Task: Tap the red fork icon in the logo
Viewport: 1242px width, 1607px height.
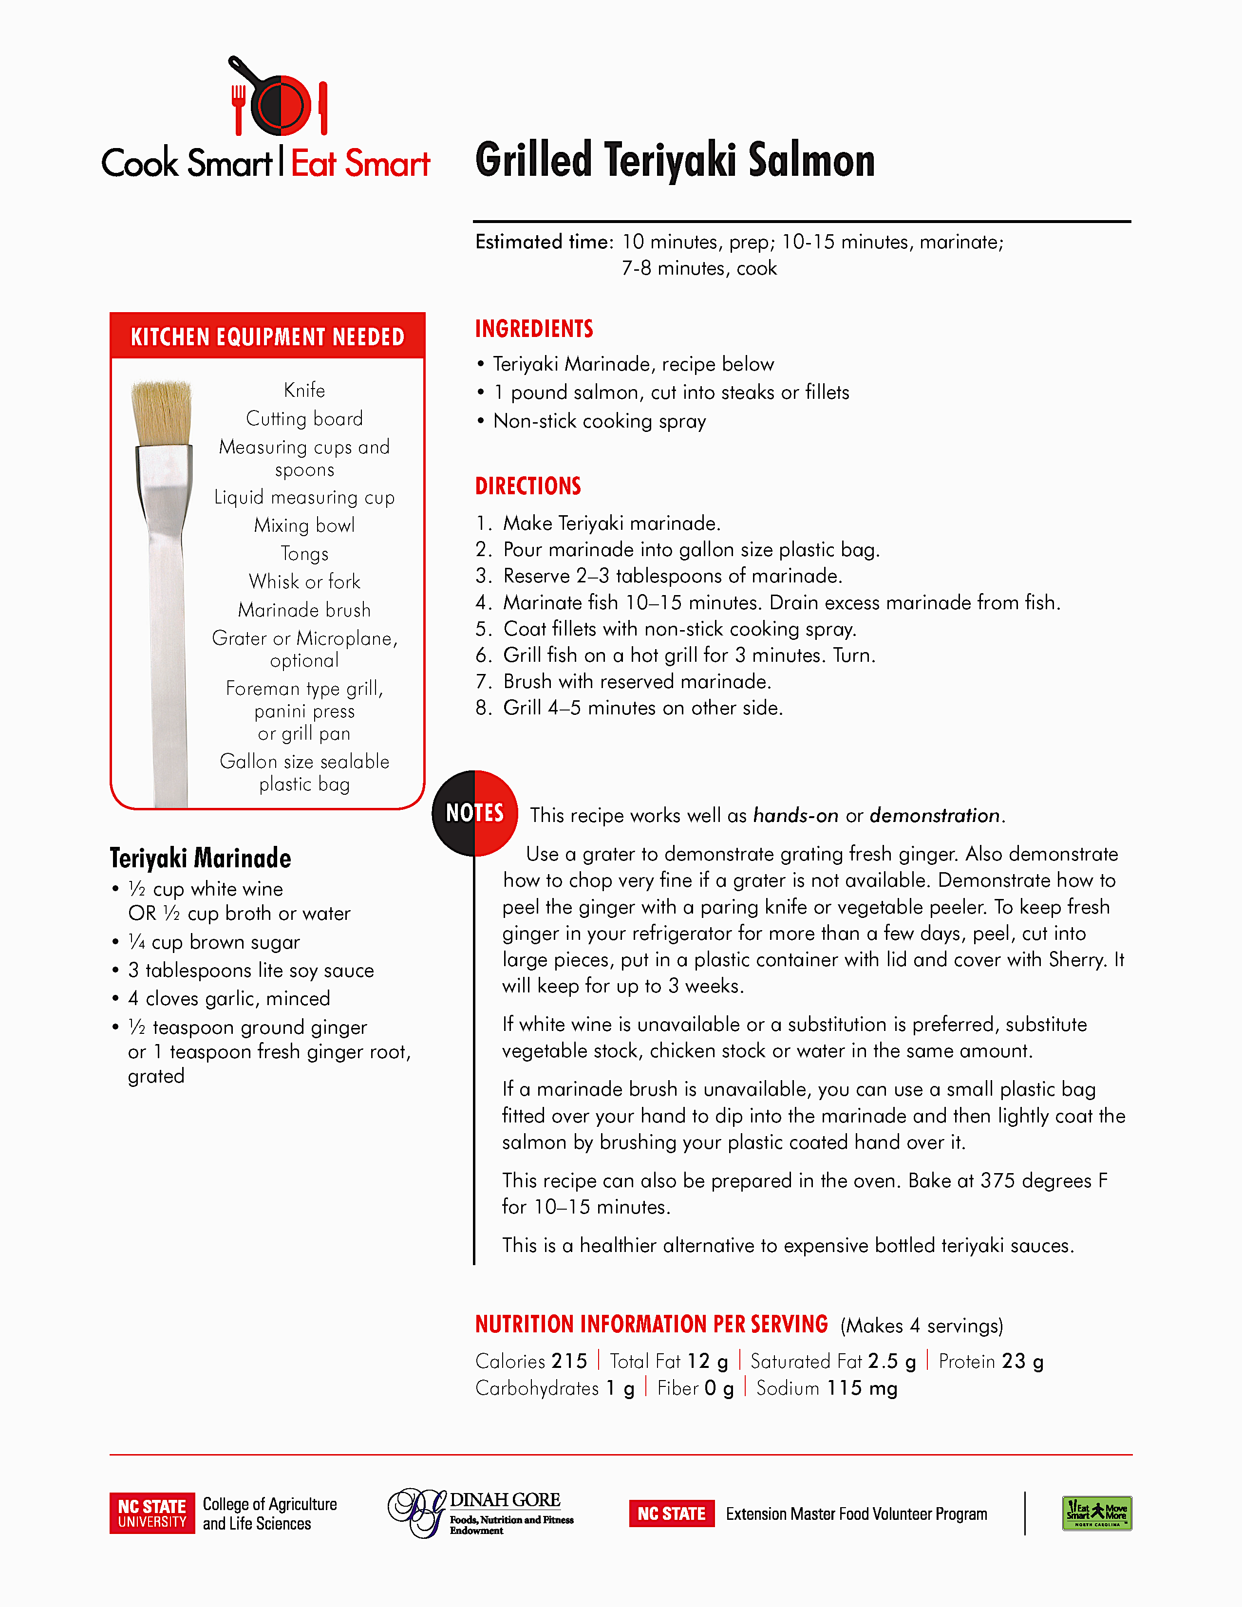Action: (x=238, y=109)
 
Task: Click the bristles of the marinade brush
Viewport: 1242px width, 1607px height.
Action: (x=162, y=412)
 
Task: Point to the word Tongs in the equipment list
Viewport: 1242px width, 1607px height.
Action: (x=304, y=553)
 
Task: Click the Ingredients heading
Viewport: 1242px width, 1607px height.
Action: (x=534, y=329)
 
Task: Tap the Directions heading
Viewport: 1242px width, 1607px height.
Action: (x=528, y=486)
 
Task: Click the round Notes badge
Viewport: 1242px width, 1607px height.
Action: (x=474, y=813)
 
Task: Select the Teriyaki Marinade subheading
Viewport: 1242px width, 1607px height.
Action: (x=200, y=858)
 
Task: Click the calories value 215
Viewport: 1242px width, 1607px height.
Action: (x=569, y=1361)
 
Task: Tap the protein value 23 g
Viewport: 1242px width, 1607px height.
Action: (x=1022, y=1361)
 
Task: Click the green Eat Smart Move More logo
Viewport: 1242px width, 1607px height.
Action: (x=1096, y=1514)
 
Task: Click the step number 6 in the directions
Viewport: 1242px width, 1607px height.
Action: (x=483, y=655)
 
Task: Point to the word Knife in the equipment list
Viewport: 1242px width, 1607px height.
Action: (x=304, y=390)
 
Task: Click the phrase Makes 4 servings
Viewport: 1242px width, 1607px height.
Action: (x=922, y=1326)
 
